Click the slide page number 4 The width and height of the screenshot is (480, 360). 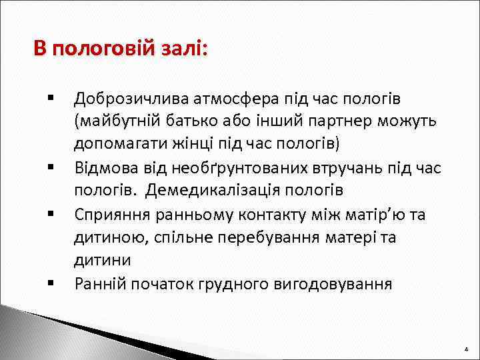pyautogui.click(x=466, y=349)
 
